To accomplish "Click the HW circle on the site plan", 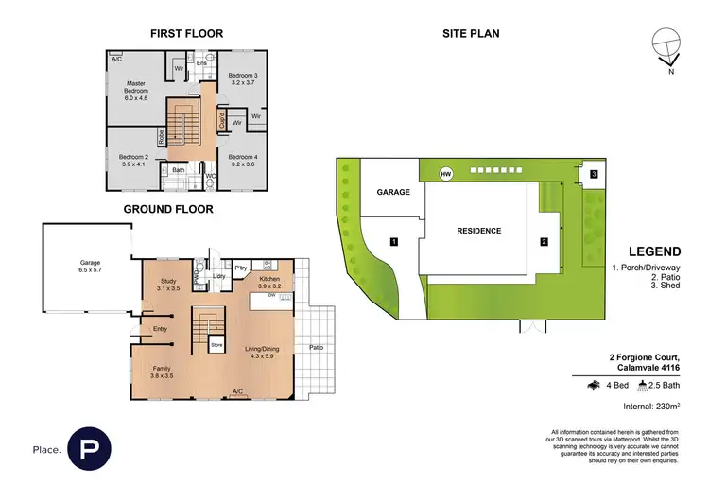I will tap(445, 173).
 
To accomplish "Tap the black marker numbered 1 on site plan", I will tap(393, 242).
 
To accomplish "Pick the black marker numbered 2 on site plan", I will tap(545, 242).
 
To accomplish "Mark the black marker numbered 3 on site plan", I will tap(593, 174).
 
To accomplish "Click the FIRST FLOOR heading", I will tap(186, 34).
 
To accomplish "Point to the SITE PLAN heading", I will tap(471, 34).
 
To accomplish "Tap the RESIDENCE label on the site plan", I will tap(478, 231).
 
